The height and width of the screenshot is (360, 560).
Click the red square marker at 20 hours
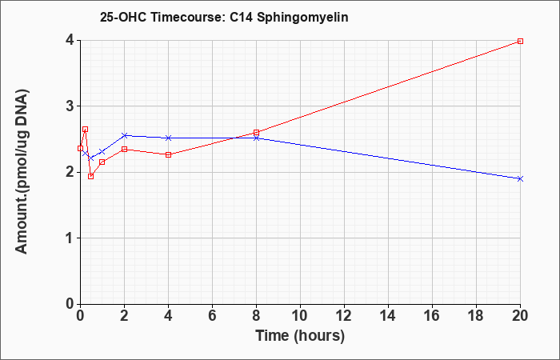pos(520,42)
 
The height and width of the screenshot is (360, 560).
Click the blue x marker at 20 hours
pos(520,178)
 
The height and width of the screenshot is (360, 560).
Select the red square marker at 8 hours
pos(257,133)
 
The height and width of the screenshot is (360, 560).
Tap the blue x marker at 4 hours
pos(169,138)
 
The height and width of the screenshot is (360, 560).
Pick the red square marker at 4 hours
pos(169,154)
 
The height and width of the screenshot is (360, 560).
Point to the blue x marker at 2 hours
pos(125,135)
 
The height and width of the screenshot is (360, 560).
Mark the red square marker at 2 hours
pos(125,149)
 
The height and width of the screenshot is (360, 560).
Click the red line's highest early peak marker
pos(86,130)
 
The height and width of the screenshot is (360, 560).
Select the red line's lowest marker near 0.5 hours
pos(91,176)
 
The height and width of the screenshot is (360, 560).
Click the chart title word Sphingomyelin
pos(302,17)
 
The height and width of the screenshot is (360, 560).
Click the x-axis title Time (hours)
pos(300,336)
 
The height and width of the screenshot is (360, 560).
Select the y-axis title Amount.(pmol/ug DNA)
pos(22,172)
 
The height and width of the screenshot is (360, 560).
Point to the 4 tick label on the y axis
pos(70,40)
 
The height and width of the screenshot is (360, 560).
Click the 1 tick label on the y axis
pos(70,238)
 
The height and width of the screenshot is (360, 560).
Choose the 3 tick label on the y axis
pos(70,106)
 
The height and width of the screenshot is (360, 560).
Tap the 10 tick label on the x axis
pos(300,316)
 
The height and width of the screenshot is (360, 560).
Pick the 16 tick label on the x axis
pos(432,316)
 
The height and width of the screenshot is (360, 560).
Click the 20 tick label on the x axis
pos(520,316)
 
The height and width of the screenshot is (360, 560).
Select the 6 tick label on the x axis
pos(213,316)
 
